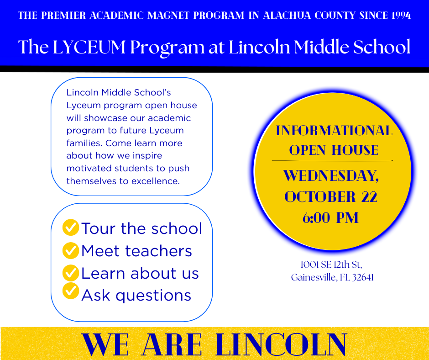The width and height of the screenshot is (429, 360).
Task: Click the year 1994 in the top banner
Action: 401,16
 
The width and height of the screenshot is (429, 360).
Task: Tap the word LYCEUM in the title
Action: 89,47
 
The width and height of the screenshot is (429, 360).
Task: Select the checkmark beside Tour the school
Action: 71,227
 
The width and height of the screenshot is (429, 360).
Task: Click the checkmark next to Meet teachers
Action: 71,250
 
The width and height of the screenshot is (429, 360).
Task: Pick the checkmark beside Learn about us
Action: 71,273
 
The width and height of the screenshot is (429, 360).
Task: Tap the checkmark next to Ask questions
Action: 71,291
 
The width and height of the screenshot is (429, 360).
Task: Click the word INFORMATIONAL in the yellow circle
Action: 334,130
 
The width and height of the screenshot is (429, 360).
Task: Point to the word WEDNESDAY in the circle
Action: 330,175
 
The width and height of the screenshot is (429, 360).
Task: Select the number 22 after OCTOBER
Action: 369,197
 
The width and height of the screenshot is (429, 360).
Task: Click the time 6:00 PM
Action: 330,218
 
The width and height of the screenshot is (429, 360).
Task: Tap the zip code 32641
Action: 363,277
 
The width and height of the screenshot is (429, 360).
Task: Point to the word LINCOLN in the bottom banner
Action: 282,344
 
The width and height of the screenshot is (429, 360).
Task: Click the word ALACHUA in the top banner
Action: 287,16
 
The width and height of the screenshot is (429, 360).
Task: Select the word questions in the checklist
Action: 153,296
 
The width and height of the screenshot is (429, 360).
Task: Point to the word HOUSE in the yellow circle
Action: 355,150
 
